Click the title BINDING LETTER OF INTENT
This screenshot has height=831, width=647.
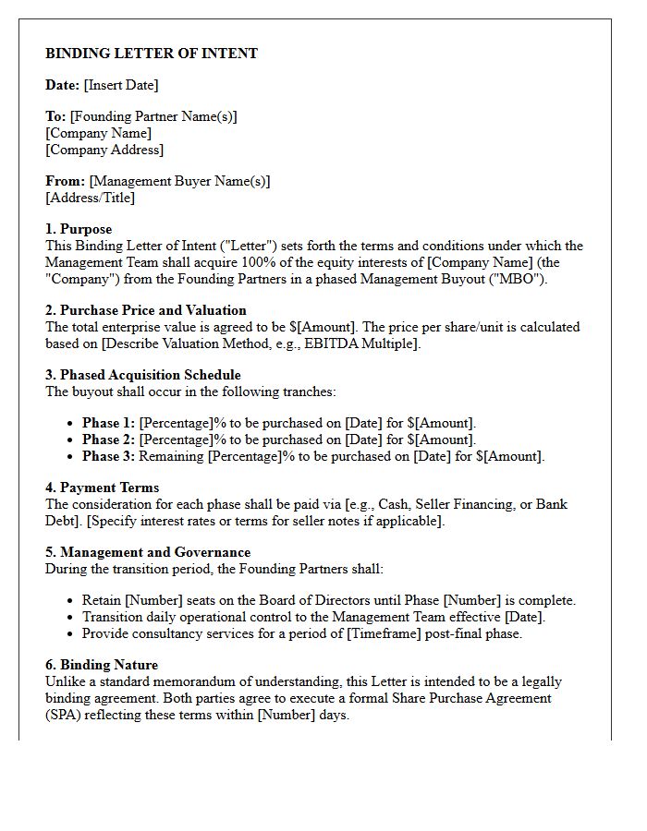(152, 54)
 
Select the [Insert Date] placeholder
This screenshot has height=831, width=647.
(120, 85)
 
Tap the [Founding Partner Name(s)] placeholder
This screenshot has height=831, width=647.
(153, 116)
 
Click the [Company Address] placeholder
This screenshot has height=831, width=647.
(104, 150)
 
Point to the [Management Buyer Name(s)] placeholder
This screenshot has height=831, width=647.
(179, 181)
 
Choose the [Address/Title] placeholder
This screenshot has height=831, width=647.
(90, 198)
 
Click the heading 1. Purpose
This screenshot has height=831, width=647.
(79, 229)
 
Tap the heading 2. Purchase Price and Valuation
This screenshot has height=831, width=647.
(146, 310)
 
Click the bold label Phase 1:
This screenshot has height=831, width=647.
(108, 423)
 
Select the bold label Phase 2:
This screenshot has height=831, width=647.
(108, 440)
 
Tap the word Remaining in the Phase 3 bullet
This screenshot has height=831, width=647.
(172, 456)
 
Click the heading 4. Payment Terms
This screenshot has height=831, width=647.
(102, 488)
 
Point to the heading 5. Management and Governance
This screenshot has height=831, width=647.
(148, 552)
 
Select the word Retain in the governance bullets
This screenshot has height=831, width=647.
(102, 600)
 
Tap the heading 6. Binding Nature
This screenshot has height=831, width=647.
(102, 665)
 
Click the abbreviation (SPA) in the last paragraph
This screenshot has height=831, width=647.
(64, 715)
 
